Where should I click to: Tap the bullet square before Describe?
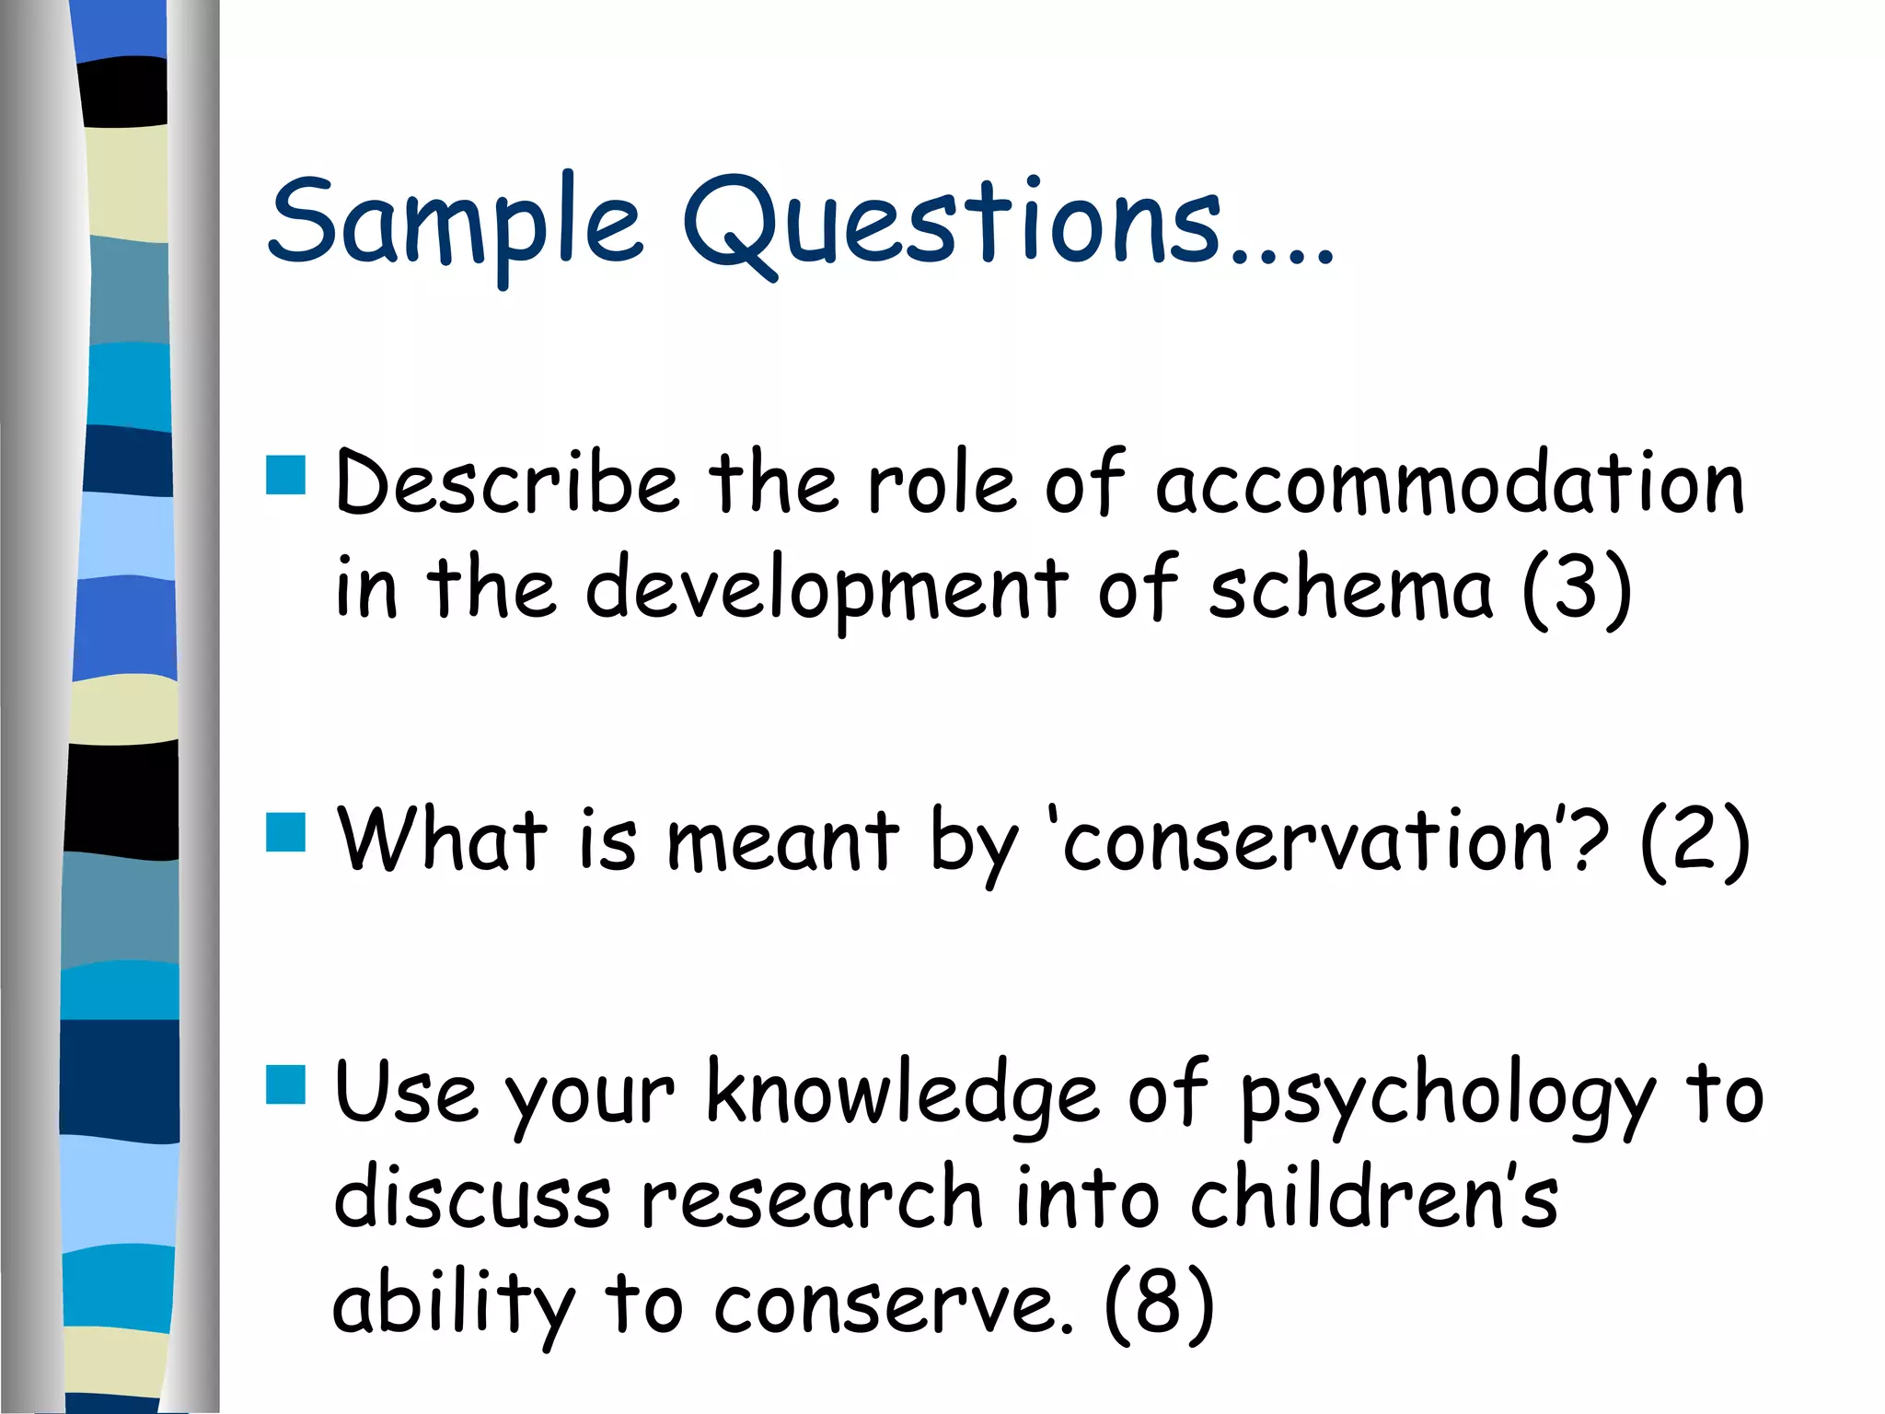pos(285,475)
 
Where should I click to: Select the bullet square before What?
pos(285,831)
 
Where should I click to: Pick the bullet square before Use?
pos(285,1084)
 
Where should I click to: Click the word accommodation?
pos(1450,485)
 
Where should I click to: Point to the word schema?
pos(1350,589)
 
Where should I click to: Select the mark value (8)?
pos(1159,1303)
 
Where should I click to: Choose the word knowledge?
pos(902,1095)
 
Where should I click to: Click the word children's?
pos(1374,1199)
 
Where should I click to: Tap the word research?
pos(812,1199)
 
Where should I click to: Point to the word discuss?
pos(472,1199)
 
